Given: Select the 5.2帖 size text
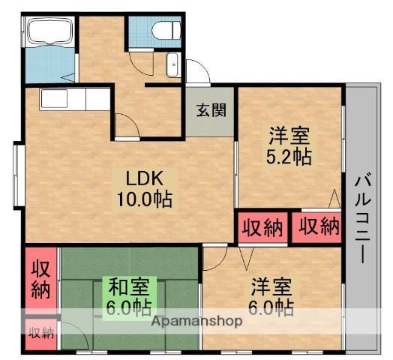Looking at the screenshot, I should (x=289, y=157).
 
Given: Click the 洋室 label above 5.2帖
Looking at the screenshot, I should (x=289, y=137).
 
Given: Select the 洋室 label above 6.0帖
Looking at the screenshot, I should (x=271, y=286).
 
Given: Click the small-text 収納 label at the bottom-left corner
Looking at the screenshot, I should (x=40, y=331).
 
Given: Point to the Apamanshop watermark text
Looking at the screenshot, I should (x=198, y=321).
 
